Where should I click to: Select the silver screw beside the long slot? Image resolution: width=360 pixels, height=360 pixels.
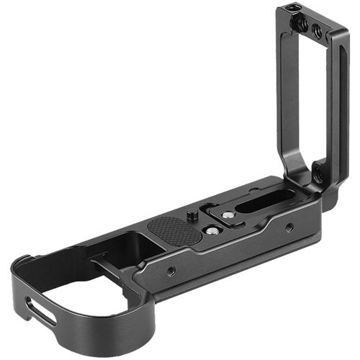click(x=228, y=215)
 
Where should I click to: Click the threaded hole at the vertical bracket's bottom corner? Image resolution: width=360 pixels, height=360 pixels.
click(x=317, y=176)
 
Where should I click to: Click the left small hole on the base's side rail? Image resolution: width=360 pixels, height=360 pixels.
click(x=171, y=271)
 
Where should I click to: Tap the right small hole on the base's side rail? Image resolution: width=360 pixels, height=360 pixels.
click(x=289, y=228)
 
